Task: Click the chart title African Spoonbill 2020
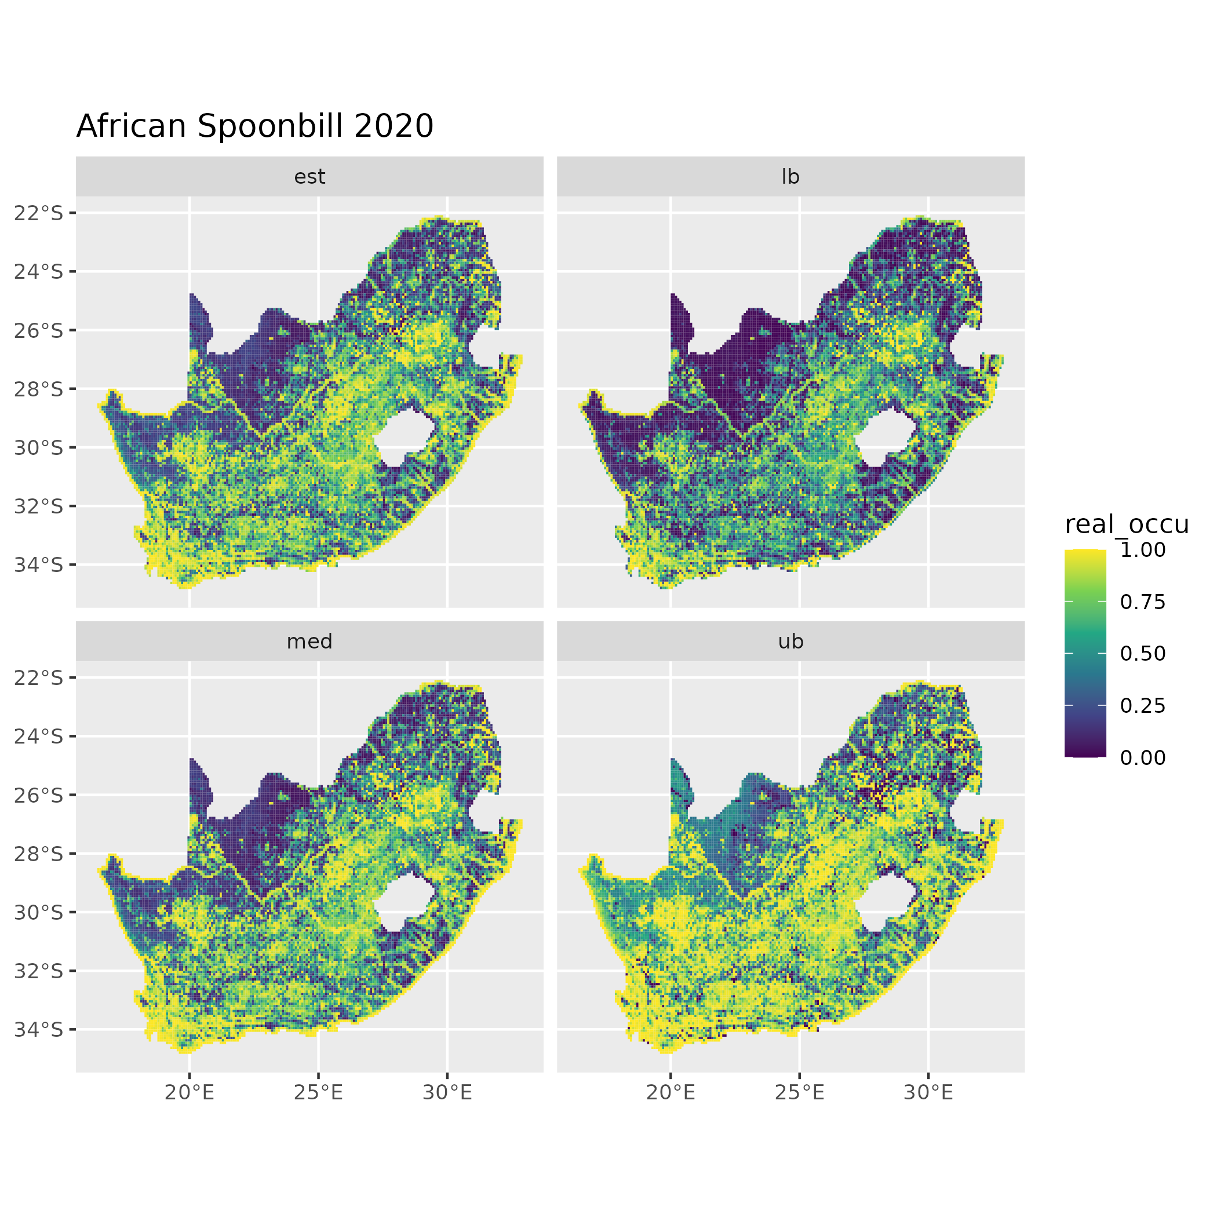(x=254, y=126)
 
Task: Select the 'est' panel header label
(x=309, y=177)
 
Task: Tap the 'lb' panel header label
(x=790, y=177)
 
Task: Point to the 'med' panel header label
(x=309, y=642)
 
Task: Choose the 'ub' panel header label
(x=790, y=642)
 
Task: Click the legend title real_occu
(x=1126, y=524)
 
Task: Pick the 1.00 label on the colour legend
(x=1143, y=550)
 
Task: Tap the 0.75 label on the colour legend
(x=1143, y=602)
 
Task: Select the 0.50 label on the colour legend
(x=1143, y=654)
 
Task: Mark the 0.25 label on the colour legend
(x=1143, y=705)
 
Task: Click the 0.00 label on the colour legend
(x=1143, y=758)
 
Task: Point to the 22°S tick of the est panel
(x=39, y=213)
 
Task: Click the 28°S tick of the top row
(x=39, y=389)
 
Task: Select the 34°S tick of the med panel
(x=39, y=1030)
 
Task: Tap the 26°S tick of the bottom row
(x=39, y=796)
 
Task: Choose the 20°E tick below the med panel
(x=190, y=1093)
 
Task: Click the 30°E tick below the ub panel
(x=928, y=1093)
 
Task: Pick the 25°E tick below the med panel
(x=318, y=1093)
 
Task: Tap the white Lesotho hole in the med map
(x=403, y=902)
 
